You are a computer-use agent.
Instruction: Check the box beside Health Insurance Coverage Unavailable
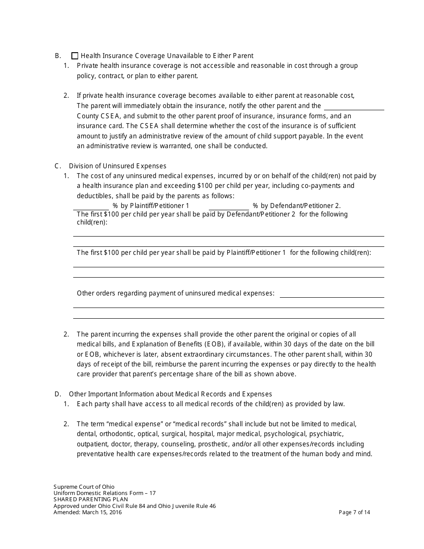pyautogui.click(x=75, y=56)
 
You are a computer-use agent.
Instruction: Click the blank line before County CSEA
pyautogui.click(x=353, y=107)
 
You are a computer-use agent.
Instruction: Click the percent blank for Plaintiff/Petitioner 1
pyautogui.click(x=91, y=206)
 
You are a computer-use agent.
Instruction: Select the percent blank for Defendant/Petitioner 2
pyautogui.click(x=229, y=206)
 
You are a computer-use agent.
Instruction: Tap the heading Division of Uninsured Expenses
pyautogui.click(x=117, y=166)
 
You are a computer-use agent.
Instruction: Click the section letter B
pyautogui.click(x=58, y=56)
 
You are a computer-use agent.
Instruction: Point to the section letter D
pyautogui.click(x=58, y=394)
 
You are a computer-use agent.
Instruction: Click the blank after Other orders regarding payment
pyautogui.click(x=331, y=294)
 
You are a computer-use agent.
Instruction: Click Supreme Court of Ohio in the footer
pyautogui.click(x=84, y=487)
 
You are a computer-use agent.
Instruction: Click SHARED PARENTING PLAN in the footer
pyautogui.click(x=91, y=499)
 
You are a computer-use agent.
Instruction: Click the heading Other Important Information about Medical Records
pyautogui.click(x=170, y=394)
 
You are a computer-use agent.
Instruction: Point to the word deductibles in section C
pyautogui.click(x=93, y=196)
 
